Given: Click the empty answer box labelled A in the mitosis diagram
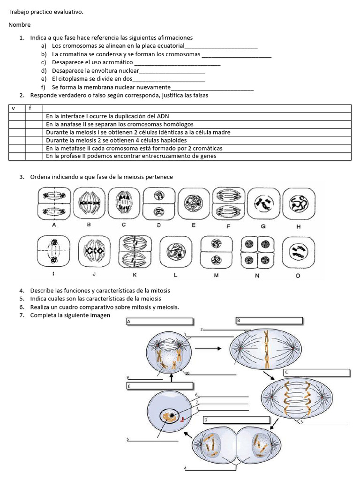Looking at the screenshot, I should [x=160, y=322].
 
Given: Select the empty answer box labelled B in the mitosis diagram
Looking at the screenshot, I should [x=270, y=321].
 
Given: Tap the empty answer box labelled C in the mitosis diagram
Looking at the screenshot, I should [x=317, y=373].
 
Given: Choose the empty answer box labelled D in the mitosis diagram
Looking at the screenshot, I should [x=236, y=420].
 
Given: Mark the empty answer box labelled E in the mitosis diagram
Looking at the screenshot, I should [x=160, y=386].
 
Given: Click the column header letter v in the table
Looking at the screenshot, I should [x=13, y=108].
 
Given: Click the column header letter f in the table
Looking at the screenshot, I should [x=30, y=108].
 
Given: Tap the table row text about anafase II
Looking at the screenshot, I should [x=120, y=124].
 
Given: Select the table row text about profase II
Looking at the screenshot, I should [x=131, y=156].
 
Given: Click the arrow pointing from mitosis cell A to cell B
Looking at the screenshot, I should [x=209, y=349].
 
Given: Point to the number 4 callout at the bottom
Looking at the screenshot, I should [x=185, y=468].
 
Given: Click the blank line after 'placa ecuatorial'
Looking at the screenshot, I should [x=221, y=46].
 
